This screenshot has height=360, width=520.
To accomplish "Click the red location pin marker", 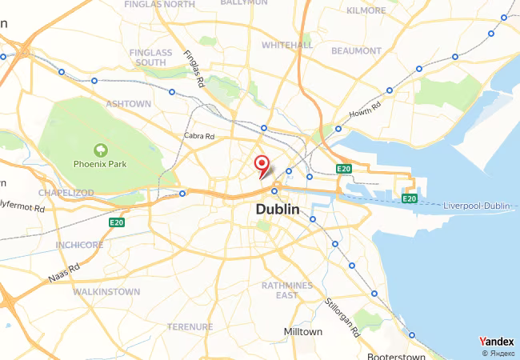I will (x=261, y=165).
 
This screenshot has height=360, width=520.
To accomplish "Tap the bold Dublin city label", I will (x=278, y=209).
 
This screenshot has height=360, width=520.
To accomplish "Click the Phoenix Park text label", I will (x=100, y=164).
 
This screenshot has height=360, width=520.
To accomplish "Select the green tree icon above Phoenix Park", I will (x=100, y=149).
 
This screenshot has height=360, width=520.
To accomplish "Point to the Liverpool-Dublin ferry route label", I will (x=477, y=206).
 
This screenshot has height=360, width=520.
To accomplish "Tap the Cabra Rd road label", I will (x=199, y=136).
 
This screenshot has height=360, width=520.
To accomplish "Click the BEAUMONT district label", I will (x=356, y=50).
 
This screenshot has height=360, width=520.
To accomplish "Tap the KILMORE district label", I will (x=366, y=10).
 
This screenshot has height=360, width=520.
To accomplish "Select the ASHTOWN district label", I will (x=128, y=104).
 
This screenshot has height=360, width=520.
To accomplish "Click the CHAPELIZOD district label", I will (x=66, y=193).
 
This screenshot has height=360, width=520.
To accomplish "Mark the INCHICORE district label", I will (x=79, y=244).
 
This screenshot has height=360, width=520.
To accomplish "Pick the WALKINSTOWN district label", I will (x=106, y=292).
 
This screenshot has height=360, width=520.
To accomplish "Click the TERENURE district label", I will (x=190, y=326).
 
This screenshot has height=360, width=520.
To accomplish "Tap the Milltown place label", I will (x=303, y=331).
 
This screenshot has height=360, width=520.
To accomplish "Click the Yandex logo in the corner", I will (x=496, y=342).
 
